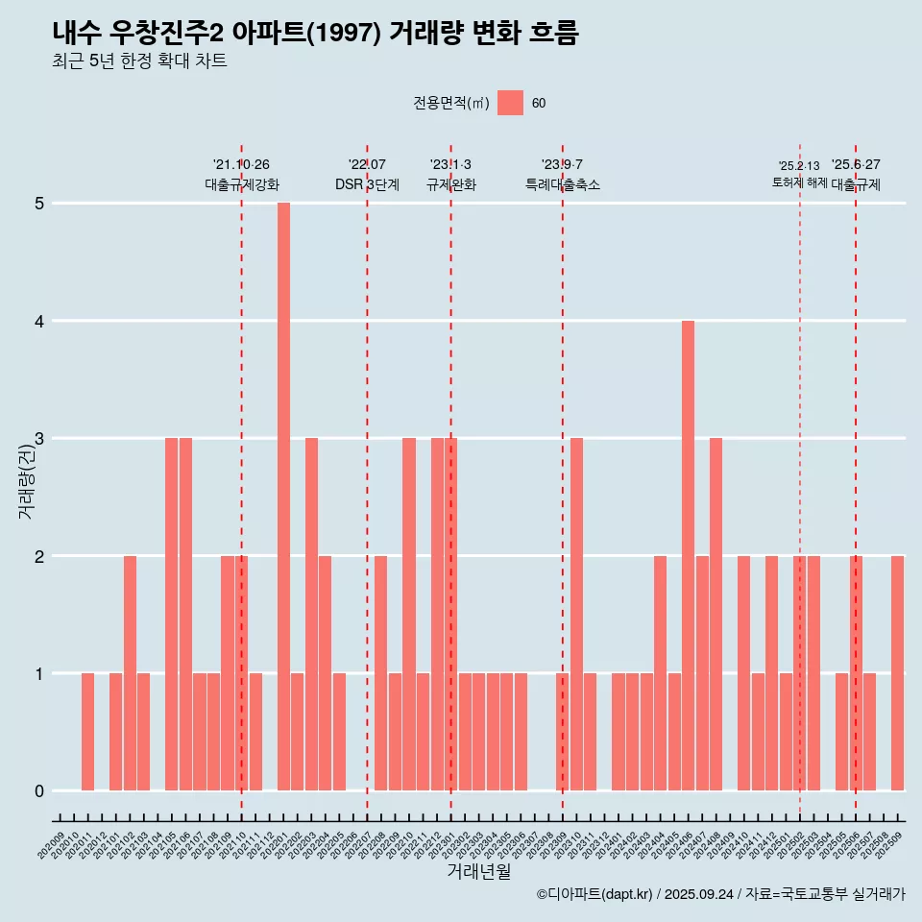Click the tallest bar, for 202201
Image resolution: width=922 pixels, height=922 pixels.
tap(283, 497)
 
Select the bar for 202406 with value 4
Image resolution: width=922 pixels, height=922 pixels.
tap(688, 555)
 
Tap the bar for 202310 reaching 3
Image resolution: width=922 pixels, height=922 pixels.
tap(576, 614)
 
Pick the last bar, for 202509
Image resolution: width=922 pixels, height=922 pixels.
tap(897, 672)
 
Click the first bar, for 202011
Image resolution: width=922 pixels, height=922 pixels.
tap(87, 732)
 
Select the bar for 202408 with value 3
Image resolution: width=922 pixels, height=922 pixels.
tap(716, 614)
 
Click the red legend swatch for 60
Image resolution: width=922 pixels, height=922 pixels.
tap(510, 103)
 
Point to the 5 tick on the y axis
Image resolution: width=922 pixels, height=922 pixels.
tap(39, 204)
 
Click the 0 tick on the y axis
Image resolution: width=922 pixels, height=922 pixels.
tap(39, 791)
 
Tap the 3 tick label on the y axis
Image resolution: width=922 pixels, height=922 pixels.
tap(39, 439)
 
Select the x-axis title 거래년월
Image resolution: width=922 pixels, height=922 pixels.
tap(478, 871)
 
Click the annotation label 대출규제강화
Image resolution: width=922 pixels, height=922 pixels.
tap(241, 184)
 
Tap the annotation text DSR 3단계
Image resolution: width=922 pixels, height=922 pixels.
tap(367, 184)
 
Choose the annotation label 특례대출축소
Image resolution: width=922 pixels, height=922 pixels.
tap(562, 184)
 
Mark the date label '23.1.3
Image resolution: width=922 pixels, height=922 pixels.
tap(450, 164)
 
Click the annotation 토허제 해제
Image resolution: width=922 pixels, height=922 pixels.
tap(799, 182)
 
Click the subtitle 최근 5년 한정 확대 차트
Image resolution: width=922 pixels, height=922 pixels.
tap(139, 61)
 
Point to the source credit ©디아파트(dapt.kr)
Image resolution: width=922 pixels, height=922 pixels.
tap(594, 894)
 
